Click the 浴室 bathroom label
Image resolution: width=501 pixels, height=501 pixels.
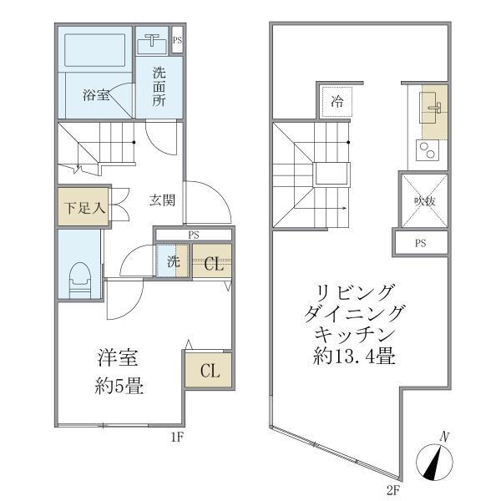coord(95,95)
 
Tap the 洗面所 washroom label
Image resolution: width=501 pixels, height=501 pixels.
coord(159,86)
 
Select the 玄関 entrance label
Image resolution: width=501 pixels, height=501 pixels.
coord(162,200)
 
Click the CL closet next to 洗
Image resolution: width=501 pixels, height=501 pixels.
coord(213,264)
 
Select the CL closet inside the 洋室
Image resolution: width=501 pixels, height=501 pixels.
coord(208,370)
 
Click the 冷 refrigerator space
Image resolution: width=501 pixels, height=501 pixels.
coord(337,103)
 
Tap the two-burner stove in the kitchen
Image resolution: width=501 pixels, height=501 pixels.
coord(427,152)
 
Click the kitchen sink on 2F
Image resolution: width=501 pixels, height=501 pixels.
coord(432,109)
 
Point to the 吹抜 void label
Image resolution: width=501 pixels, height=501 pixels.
coord(424,201)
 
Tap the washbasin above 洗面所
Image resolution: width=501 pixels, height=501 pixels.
coord(153,42)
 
